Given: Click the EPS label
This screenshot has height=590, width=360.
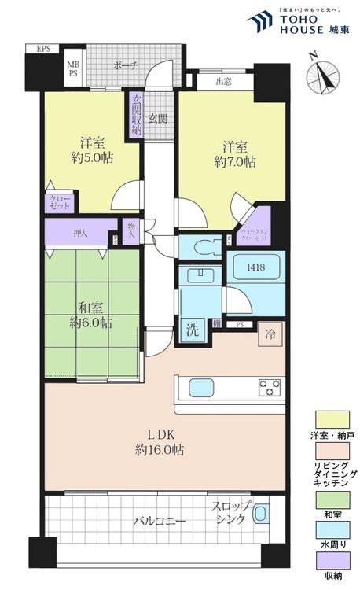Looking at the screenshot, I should point(43,49).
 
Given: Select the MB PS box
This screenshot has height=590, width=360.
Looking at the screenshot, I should point(73,69).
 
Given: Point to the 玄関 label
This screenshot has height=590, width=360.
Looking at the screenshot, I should point(157,119).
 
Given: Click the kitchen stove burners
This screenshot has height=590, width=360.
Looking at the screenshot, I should point(270,386).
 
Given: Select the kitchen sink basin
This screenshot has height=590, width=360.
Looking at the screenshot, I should point(197,388).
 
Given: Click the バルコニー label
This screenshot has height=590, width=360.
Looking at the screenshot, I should point(158,521).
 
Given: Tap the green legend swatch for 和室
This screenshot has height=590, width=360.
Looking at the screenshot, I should point(332,500).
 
